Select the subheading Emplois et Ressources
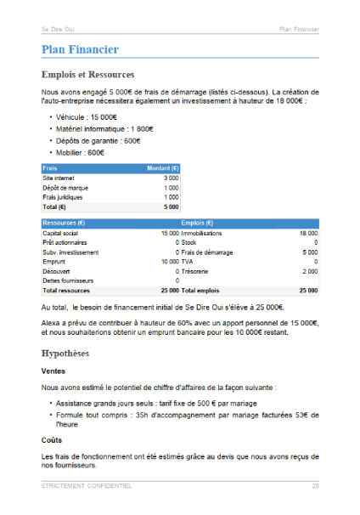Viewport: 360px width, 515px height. point(87,74)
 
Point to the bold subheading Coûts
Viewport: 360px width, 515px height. point(51,439)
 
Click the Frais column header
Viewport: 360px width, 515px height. point(50,168)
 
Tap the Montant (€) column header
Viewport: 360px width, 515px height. point(162,168)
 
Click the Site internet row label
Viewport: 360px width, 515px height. point(59,178)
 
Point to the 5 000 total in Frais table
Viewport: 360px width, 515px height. point(171,207)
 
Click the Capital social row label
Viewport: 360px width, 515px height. point(60,232)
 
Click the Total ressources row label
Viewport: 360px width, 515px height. point(66,291)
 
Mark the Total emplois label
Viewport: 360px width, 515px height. point(201,291)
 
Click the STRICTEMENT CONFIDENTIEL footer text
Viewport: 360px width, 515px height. point(87,486)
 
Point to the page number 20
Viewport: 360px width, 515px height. point(314,486)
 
